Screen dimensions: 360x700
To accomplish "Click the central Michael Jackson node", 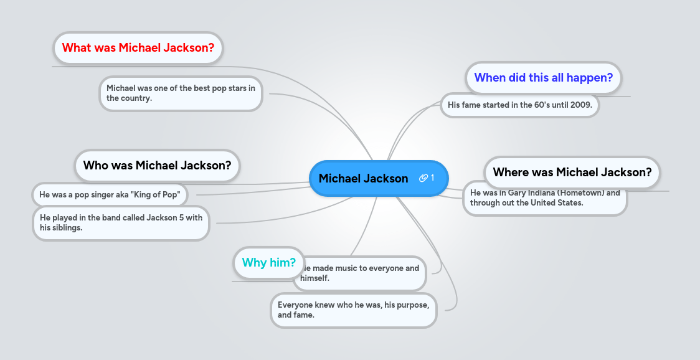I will point(363,179).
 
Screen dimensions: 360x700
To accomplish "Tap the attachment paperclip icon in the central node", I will point(423,179).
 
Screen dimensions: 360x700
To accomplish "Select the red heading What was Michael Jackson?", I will point(138,48).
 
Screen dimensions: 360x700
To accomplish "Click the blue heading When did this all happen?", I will point(543,78).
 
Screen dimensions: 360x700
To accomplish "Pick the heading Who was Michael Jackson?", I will point(157,166).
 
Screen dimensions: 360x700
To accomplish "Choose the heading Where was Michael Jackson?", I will point(572,173).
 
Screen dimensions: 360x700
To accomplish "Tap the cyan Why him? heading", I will point(268,263).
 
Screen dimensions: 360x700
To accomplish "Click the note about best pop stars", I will point(181,93).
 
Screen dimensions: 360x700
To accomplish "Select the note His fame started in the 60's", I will point(519,105).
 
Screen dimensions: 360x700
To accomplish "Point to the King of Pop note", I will point(110,195).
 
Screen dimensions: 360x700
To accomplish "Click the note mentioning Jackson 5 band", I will point(121,223).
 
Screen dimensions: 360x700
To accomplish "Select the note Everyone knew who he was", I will point(353,310).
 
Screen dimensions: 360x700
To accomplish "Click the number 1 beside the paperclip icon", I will point(433,179).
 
